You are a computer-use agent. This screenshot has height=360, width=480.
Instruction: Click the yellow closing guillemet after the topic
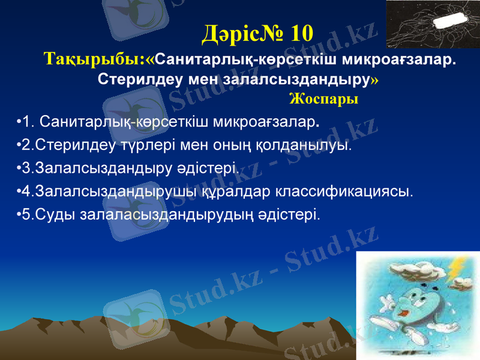375,80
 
